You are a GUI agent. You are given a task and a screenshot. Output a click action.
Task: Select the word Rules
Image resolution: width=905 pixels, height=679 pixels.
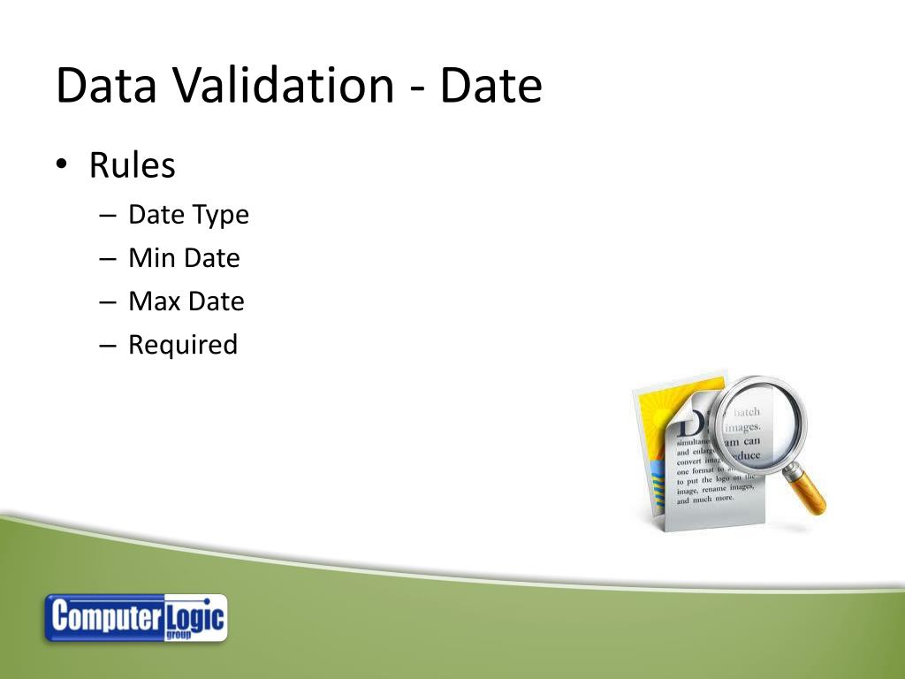click(x=132, y=165)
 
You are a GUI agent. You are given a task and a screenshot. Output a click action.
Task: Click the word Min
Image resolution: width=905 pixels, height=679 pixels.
click(x=152, y=258)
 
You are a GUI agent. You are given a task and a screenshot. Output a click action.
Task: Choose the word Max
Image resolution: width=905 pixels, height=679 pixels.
click(x=154, y=301)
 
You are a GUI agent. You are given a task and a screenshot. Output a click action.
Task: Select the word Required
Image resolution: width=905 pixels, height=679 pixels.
click(x=183, y=345)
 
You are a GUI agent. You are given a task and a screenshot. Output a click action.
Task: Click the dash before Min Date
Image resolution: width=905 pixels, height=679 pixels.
click(x=108, y=259)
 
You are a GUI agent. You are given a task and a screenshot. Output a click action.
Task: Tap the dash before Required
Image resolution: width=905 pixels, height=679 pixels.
click(x=108, y=346)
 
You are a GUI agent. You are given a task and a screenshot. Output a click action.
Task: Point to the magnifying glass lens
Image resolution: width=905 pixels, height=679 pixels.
click(x=757, y=428)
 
